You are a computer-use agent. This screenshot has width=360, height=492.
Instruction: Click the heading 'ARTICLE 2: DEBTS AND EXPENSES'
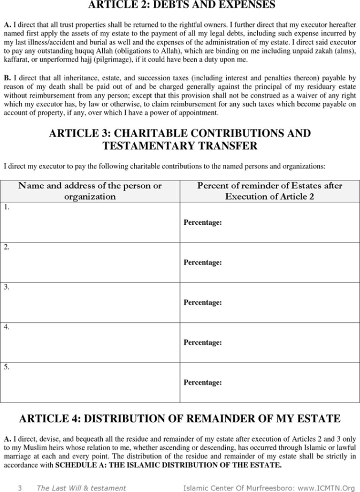181,5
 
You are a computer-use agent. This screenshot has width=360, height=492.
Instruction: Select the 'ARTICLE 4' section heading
180,419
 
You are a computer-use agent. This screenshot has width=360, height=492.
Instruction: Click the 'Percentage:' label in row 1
203,222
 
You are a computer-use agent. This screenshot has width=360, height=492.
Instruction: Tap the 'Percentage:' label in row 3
203,302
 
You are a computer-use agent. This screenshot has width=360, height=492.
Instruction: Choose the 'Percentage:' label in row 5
203,382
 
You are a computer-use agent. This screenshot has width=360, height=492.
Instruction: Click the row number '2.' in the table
6,247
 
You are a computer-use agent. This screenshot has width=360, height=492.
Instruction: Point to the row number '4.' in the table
6,327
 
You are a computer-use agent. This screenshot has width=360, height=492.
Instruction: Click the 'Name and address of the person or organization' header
90,191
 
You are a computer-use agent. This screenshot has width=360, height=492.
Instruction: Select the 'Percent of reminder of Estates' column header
270,191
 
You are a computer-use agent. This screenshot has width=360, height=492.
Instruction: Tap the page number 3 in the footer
20,488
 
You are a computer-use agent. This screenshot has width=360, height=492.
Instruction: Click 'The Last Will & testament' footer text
81,488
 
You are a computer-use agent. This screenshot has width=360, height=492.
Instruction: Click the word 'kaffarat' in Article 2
17,60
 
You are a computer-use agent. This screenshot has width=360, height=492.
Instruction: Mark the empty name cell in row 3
90,302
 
